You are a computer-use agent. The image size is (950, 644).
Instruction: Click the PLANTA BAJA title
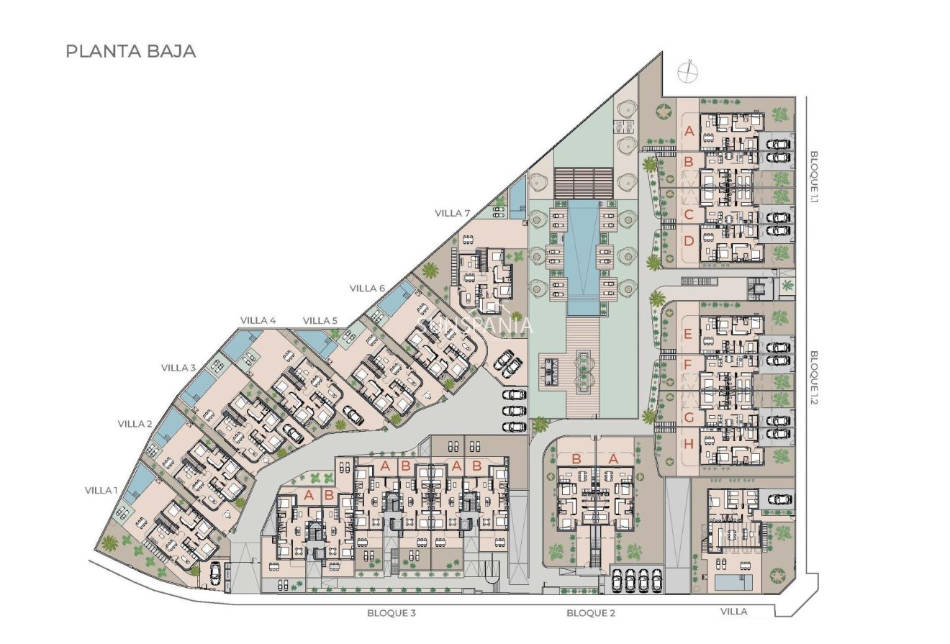point(130,52)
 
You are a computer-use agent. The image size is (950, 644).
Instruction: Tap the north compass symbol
point(688,71)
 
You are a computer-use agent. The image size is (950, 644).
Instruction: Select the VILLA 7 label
point(453,213)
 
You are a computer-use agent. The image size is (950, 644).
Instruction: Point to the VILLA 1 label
point(101,490)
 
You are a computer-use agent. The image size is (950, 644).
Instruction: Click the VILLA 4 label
point(258,320)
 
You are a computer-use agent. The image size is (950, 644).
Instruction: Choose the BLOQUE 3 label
point(392,613)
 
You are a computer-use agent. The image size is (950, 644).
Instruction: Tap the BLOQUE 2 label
point(591,613)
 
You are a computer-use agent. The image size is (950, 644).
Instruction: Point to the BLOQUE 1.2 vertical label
point(815,378)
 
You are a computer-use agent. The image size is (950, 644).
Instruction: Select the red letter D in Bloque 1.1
point(688,241)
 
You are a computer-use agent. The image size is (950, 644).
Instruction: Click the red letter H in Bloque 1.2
point(688,444)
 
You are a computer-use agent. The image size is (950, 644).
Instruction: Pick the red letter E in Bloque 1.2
point(688,334)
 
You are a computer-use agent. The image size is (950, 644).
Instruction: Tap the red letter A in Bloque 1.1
point(688,132)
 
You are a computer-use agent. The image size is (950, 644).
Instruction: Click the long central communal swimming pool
point(582,259)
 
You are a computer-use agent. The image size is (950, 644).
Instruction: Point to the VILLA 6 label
point(368,288)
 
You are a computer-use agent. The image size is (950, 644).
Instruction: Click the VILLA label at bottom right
point(734,611)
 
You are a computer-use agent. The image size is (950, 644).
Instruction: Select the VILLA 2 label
point(135,424)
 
